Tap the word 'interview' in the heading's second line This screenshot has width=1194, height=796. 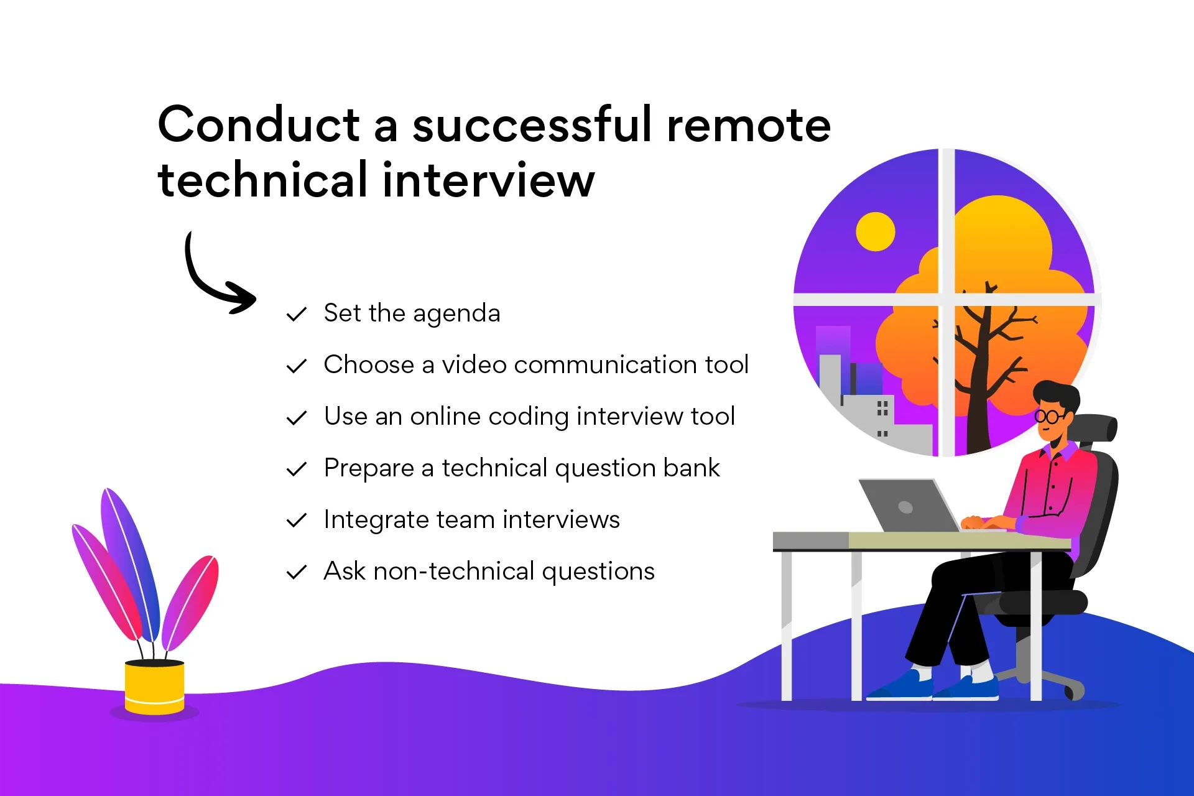click(x=488, y=180)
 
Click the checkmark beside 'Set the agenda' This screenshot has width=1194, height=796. click(x=297, y=314)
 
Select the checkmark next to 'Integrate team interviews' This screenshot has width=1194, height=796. click(x=297, y=520)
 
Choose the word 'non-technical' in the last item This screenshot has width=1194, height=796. click(x=454, y=571)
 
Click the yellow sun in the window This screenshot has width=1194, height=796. click(x=876, y=231)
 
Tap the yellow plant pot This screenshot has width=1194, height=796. click(x=154, y=687)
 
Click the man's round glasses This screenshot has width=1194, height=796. click(x=1051, y=416)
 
